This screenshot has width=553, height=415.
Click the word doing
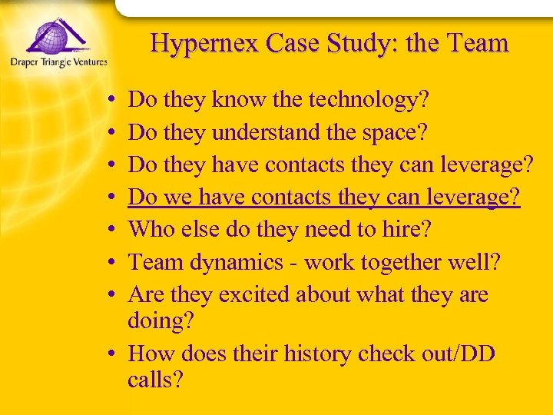point(161,321)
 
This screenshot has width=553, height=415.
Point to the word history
point(322,354)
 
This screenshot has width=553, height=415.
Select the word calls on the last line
point(156,380)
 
